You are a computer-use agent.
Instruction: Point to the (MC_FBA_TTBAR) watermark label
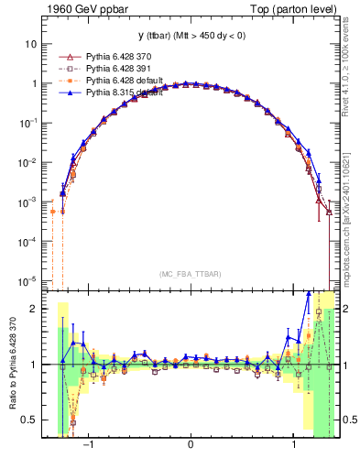(190, 274)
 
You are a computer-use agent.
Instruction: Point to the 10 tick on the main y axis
(30, 43)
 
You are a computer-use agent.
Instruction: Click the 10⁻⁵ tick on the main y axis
(27, 280)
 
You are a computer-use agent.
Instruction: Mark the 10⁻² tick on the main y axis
(27, 162)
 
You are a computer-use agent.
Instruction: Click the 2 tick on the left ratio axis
(34, 309)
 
